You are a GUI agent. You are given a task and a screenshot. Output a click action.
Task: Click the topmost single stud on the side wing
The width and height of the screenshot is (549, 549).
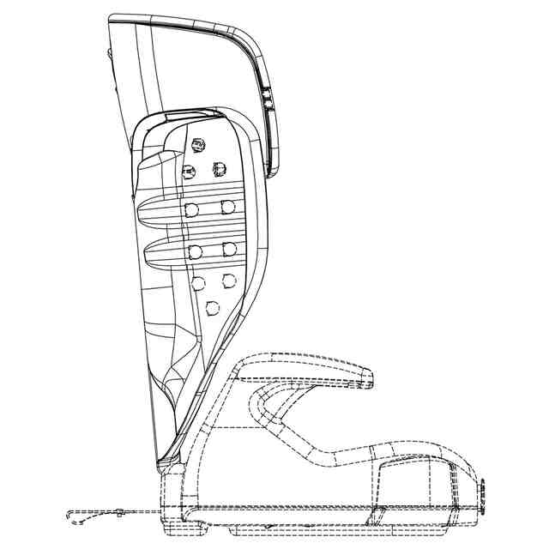200,144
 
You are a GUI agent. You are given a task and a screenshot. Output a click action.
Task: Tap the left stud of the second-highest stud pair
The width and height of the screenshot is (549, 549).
190,170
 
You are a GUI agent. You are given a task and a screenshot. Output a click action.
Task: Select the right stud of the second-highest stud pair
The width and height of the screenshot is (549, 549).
217,168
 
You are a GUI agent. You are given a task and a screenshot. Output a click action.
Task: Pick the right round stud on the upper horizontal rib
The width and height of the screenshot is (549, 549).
228,207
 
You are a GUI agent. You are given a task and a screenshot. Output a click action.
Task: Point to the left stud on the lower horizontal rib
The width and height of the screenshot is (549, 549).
195,252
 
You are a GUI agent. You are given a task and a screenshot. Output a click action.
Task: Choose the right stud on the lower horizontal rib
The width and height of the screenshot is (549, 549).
229,250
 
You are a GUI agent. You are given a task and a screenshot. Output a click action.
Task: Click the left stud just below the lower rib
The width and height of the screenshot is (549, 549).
199,282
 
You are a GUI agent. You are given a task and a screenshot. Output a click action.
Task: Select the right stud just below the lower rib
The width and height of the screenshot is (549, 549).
229,281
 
